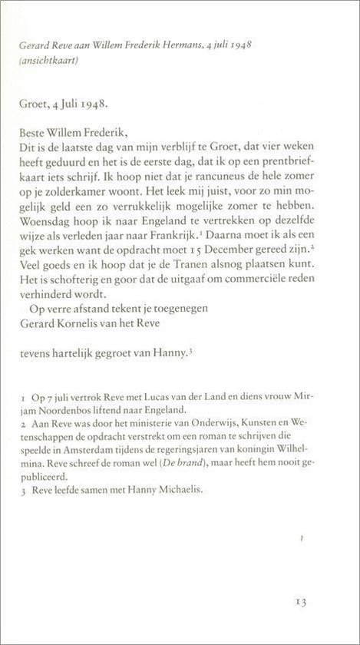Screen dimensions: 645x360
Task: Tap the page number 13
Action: [x=300, y=601]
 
